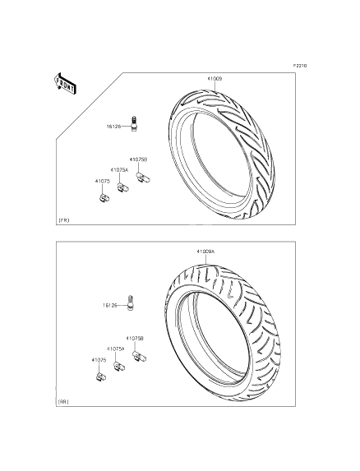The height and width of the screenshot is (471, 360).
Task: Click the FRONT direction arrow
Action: (65, 84)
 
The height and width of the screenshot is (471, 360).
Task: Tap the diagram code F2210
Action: (300, 66)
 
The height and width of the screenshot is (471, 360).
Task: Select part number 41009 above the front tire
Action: (214, 79)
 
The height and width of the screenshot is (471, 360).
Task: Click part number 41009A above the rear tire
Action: (205, 252)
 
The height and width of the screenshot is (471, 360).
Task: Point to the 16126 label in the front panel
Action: (113, 127)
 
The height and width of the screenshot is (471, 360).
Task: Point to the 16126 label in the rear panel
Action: (110, 305)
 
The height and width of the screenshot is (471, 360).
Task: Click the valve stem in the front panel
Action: (134, 123)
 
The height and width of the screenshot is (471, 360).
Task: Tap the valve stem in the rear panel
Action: (131, 302)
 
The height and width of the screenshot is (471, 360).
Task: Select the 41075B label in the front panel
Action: (138, 159)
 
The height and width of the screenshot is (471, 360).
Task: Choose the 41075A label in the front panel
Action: (119, 169)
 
